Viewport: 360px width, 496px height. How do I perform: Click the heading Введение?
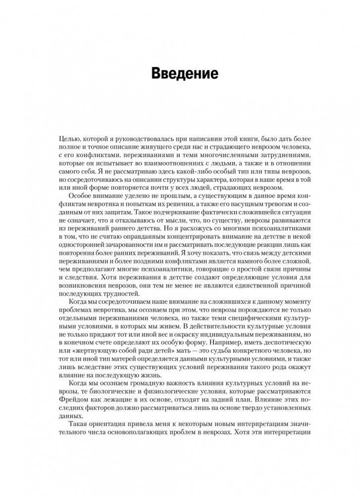[x=184, y=73]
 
